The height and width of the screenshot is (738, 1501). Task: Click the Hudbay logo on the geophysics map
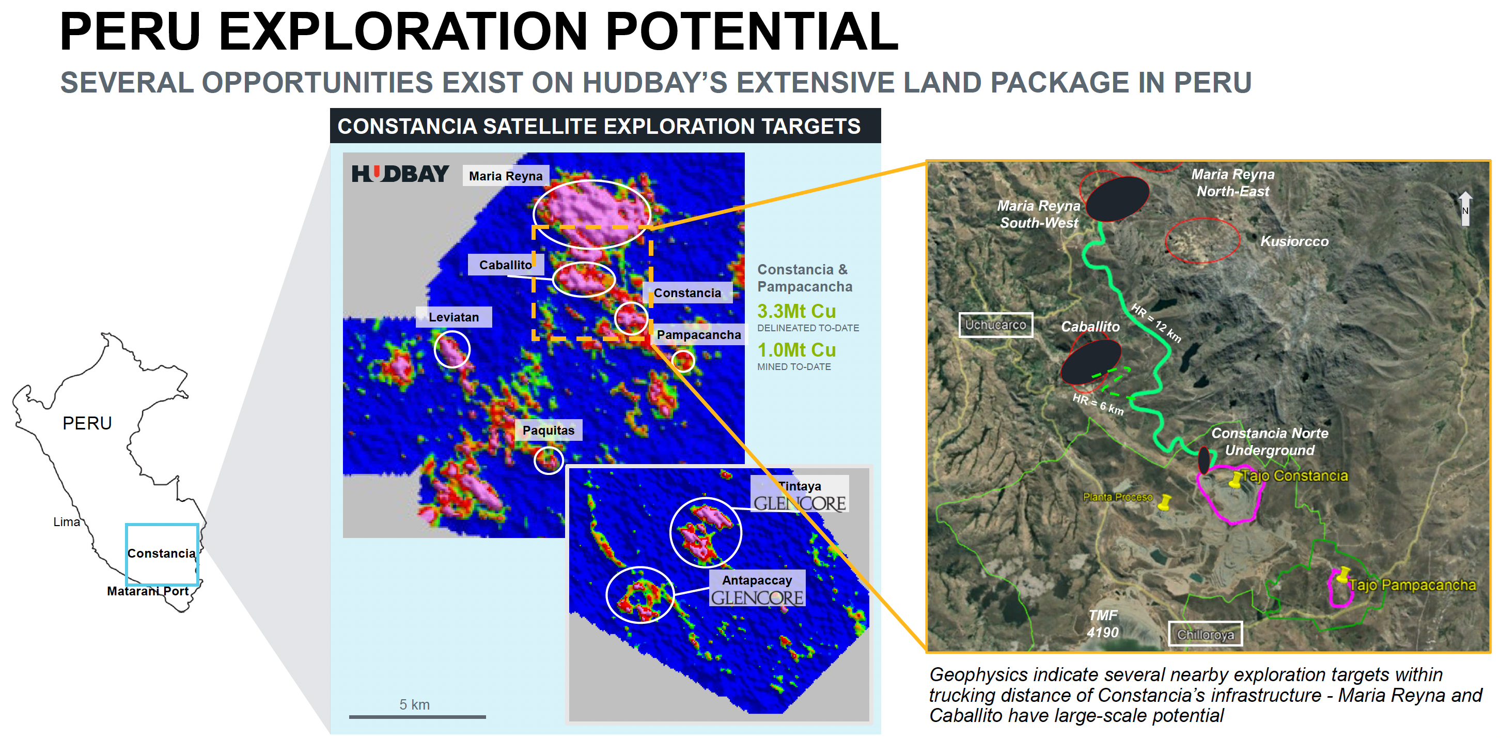click(x=400, y=174)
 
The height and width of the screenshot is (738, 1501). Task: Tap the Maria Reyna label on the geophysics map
click(x=505, y=176)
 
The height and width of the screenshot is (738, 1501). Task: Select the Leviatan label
click(x=454, y=317)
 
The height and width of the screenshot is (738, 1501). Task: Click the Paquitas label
click(x=549, y=430)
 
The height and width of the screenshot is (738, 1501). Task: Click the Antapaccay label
click(x=757, y=580)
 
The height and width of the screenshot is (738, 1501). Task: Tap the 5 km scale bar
click(x=417, y=716)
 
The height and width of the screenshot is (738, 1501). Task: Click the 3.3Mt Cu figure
click(x=796, y=311)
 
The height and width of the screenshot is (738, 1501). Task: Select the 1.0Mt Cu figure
click(x=796, y=350)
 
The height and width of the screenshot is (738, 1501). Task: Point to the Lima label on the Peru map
click(x=67, y=522)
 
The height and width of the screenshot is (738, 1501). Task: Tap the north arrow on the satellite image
click(x=1465, y=208)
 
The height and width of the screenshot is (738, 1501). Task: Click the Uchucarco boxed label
click(x=995, y=325)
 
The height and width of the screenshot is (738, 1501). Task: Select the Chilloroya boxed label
click(x=1205, y=634)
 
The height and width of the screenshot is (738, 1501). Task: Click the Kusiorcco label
click(x=1294, y=241)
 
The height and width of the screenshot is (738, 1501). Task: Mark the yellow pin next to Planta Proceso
click(x=1164, y=502)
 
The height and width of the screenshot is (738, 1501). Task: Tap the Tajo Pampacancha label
click(x=1413, y=585)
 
